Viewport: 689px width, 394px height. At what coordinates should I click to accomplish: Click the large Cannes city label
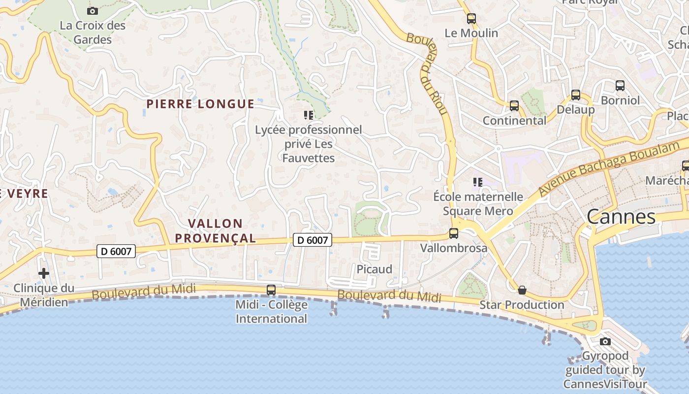621,217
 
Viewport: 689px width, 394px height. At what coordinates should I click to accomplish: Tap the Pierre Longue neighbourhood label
200,104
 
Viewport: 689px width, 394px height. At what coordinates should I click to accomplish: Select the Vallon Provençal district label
216,231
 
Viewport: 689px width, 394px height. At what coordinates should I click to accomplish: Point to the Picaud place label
375,269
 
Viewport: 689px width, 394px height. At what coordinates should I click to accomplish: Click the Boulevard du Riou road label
427,73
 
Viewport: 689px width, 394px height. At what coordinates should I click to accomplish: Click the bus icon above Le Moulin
471,19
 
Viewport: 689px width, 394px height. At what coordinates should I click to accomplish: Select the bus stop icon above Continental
514,105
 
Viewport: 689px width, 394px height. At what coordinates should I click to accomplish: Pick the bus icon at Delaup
576,95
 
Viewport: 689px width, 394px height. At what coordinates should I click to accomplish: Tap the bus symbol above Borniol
620,86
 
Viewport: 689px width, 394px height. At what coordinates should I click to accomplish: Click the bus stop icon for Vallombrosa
454,233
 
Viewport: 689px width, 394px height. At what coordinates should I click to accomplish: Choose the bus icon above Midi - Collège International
271,290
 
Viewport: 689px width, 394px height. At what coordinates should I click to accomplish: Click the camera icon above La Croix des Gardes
92,11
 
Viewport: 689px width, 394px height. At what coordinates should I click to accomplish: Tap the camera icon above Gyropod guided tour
605,341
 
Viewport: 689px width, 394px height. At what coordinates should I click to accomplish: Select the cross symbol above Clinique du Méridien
44,273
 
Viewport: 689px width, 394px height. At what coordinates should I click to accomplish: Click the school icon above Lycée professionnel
309,116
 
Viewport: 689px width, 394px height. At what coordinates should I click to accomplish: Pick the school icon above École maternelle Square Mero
477,182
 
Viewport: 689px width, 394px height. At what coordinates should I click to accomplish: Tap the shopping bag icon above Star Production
522,290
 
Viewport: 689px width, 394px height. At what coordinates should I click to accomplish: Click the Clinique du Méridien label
44,295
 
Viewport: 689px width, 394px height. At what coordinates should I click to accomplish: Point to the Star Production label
522,305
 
